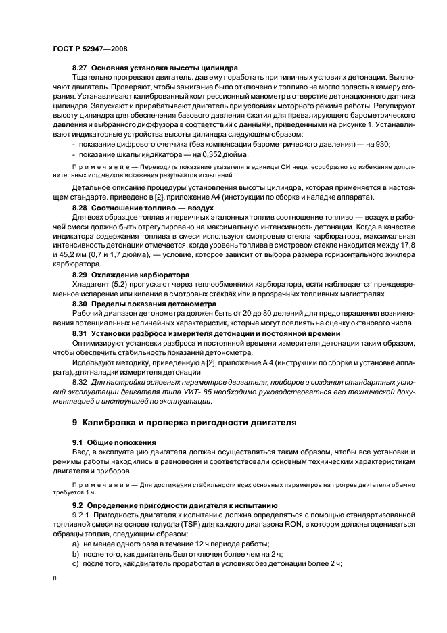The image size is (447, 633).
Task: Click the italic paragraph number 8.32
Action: pos(80,382)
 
